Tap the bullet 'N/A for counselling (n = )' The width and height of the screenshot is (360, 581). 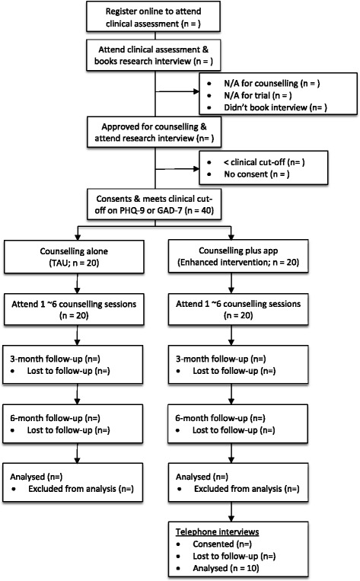click(260, 81)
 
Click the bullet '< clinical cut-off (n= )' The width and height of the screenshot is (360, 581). click(257, 162)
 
